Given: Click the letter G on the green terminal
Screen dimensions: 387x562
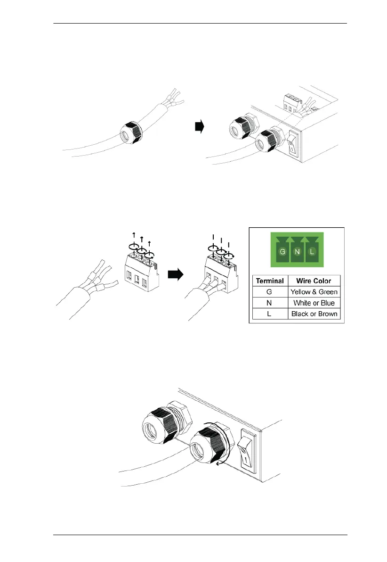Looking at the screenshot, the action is point(282,252).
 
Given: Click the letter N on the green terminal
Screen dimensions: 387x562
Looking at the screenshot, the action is point(297,252).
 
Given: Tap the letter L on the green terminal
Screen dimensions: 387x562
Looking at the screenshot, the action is point(312,252).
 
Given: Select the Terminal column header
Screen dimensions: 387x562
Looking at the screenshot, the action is point(270,281).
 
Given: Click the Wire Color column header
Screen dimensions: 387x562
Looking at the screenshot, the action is point(314,281).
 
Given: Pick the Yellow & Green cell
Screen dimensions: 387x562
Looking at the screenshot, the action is point(314,292).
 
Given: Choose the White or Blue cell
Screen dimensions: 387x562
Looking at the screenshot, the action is point(314,303).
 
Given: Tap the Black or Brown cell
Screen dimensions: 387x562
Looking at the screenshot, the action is point(314,314).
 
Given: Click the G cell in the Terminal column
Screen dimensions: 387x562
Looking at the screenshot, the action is point(270,292).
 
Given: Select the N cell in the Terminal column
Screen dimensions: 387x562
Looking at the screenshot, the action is point(270,303).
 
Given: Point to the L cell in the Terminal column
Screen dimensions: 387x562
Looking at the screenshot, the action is point(270,314).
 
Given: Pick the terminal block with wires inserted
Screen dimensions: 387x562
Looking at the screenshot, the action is point(219,271).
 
